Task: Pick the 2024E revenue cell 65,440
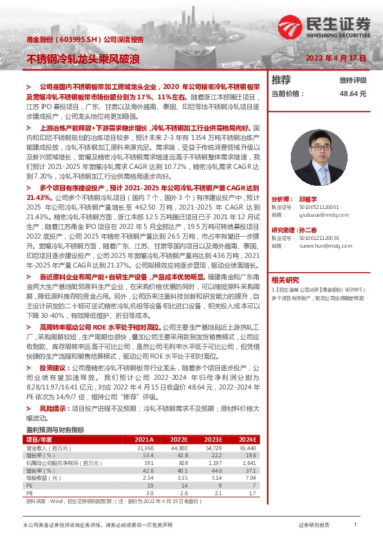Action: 247,447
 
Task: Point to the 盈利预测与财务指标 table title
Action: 55,429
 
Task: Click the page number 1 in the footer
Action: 356,526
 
